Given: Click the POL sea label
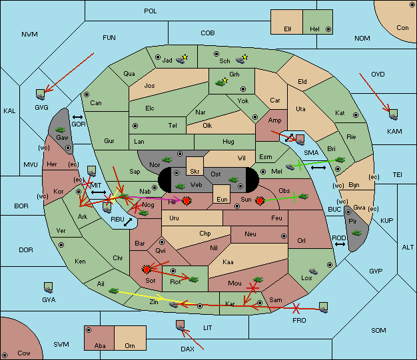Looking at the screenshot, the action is click(151, 11).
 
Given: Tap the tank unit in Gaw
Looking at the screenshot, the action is click(61, 130).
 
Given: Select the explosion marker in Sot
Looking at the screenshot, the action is click(147, 270).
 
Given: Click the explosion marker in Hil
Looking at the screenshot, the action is click(187, 201).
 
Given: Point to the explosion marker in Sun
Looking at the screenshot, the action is click(260, 201).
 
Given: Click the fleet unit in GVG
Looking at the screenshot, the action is click(41, 94).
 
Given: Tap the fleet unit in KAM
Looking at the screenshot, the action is click(393, 114).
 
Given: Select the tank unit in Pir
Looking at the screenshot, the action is click(356, 233).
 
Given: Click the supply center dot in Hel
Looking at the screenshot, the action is click(328, 29).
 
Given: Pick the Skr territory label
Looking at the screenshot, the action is click(195, 172).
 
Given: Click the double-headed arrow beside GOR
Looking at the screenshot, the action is click(77, 117).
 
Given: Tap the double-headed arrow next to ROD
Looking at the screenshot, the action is click(340, 244).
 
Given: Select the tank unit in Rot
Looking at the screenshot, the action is click(193, 279).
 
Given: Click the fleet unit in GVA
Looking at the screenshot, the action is click(48, 287).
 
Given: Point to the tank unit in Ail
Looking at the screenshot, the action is click(113, 290).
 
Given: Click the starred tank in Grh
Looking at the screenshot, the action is click(221, 83).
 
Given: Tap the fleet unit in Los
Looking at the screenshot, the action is click(313, 271).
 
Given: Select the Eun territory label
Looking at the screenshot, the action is click(222, 199).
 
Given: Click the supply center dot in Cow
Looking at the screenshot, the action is click(5, 355).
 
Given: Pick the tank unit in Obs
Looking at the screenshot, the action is click(304, 196).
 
